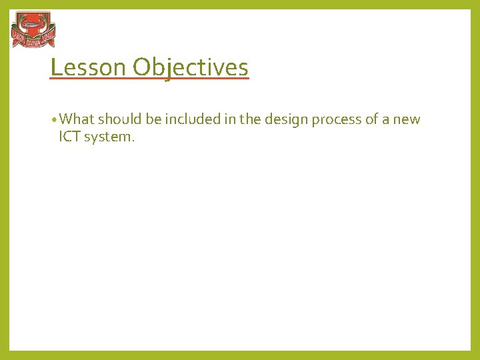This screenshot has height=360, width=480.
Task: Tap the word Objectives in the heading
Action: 190,67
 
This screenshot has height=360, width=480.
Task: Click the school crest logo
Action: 33,31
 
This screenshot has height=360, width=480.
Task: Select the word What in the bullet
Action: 77,119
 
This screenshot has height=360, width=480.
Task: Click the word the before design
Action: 249,119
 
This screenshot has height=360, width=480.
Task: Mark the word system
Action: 108,138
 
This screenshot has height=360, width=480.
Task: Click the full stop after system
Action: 133,141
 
